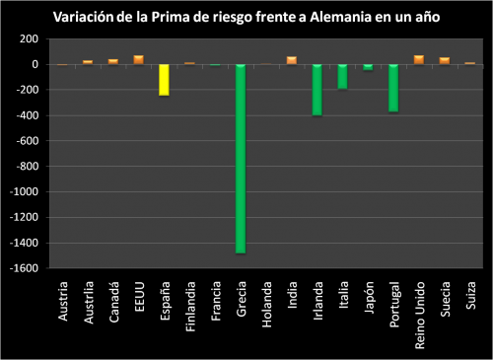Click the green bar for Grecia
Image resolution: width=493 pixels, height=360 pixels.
(241, 159)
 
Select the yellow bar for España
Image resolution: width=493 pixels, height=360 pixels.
(164, 80)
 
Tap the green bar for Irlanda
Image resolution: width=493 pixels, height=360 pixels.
(317, 90)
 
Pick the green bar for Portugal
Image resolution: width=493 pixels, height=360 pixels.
(393, 88)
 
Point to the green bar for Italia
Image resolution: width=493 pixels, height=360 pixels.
(342, 76)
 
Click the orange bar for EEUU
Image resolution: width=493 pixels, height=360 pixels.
(139, 60)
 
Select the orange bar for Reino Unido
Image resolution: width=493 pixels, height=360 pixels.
(419, 60)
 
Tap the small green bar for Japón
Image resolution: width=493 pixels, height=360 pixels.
(368, 67)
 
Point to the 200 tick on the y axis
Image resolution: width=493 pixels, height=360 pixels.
(30, 39)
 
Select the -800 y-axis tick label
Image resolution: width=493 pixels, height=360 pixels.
(27, 167)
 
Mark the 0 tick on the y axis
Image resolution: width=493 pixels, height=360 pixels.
(35, 65)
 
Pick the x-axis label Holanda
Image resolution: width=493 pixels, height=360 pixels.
(267, 303)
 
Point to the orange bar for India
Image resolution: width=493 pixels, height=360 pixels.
(292, 60)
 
